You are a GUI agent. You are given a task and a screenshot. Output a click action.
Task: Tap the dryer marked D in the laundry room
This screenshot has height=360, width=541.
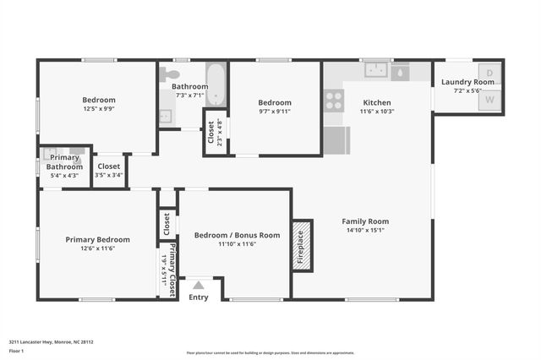(489, 74)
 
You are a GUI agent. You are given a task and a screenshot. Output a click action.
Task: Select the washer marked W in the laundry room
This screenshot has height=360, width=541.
(489, 100)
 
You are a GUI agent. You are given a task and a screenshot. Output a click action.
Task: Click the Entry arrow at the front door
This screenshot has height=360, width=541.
(198, 285)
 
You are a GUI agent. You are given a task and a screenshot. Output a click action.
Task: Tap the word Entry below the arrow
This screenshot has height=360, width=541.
(198, 297)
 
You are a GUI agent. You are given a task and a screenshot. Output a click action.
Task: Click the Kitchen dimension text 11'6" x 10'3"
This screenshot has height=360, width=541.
(377, 112)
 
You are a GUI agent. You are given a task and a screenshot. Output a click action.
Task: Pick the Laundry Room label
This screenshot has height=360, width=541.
(467, 82)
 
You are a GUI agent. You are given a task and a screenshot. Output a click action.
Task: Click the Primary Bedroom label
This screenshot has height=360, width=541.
(98, 239)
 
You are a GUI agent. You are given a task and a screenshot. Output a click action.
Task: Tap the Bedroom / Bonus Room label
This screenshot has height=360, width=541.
(237, 235)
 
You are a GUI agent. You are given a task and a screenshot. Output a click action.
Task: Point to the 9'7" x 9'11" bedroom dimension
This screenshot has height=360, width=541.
(275, 112)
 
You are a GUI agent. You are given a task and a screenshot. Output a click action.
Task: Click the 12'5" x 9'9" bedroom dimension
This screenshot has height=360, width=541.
(98, 108)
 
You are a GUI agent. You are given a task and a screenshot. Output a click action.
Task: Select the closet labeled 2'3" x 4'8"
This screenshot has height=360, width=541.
(216, 132)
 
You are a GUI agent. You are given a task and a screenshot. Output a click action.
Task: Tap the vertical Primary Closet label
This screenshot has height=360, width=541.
(172, 269)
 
